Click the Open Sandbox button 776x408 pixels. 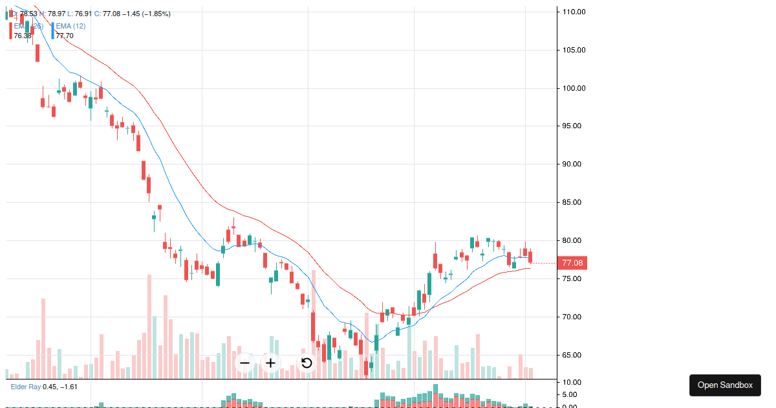725,385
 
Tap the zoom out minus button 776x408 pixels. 244,363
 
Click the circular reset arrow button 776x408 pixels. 307,363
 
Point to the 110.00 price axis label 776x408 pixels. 574,12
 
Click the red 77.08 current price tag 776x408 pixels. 572,263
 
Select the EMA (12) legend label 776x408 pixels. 70,26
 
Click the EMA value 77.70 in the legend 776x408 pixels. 64,36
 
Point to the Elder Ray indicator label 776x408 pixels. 26,387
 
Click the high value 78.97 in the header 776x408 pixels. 56,14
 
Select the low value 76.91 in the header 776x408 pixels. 83,14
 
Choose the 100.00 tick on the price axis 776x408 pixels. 574,88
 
